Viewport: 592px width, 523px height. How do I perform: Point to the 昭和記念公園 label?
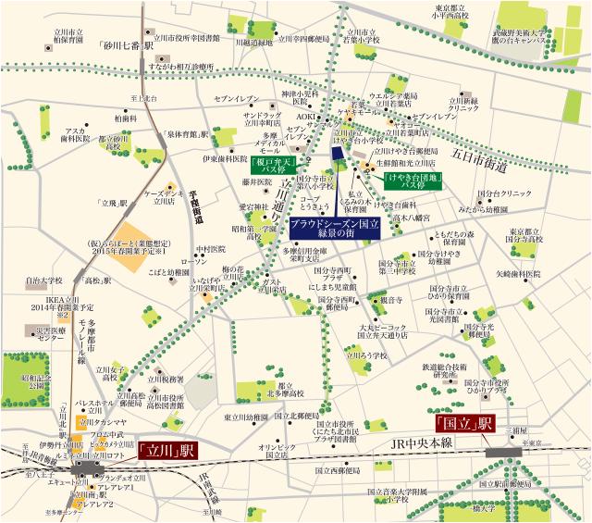click(x=38, y=379)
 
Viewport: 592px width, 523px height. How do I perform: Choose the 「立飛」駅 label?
click(x=117, y=203)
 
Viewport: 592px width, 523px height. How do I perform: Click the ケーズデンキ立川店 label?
click(x=165, y=196)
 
